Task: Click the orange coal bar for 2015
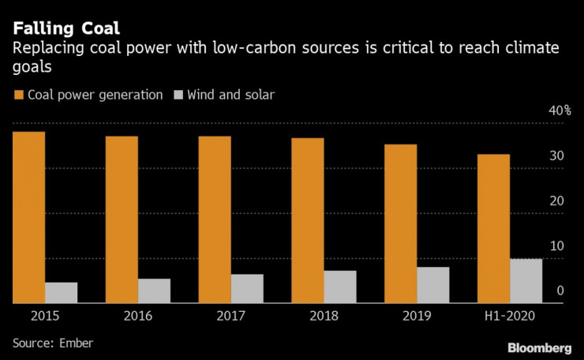pos(28,216)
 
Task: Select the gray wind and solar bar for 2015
pos(61,292)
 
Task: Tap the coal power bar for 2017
pos(215,219)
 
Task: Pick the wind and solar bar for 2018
pos(340,287)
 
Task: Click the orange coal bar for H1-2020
pos(494,228)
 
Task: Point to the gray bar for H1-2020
pos(526,280)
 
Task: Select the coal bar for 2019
pos(401,223)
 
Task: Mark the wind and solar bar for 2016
pos(154,291)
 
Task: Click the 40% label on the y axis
pos(560,111)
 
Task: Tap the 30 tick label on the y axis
pos(556,156)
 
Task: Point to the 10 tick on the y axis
pos(556,246)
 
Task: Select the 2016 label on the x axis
pos(138,316)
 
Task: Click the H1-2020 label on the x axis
pos(510,316)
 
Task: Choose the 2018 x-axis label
pos(324,316)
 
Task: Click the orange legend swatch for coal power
pos(18,95)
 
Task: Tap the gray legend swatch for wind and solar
pos(179,95)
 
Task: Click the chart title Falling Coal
pos(66,28)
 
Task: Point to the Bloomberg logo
pos(539,347)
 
